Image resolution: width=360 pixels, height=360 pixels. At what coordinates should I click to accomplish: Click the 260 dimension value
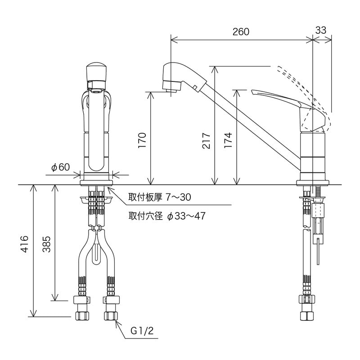tap(241, 31)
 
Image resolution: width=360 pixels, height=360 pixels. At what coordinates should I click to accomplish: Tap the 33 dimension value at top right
tap(321, 30)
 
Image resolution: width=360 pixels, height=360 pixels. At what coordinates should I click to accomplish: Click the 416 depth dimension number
tap(26, 245)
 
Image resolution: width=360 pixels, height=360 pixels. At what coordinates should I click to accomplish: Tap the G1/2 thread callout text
tap(142, 331)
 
